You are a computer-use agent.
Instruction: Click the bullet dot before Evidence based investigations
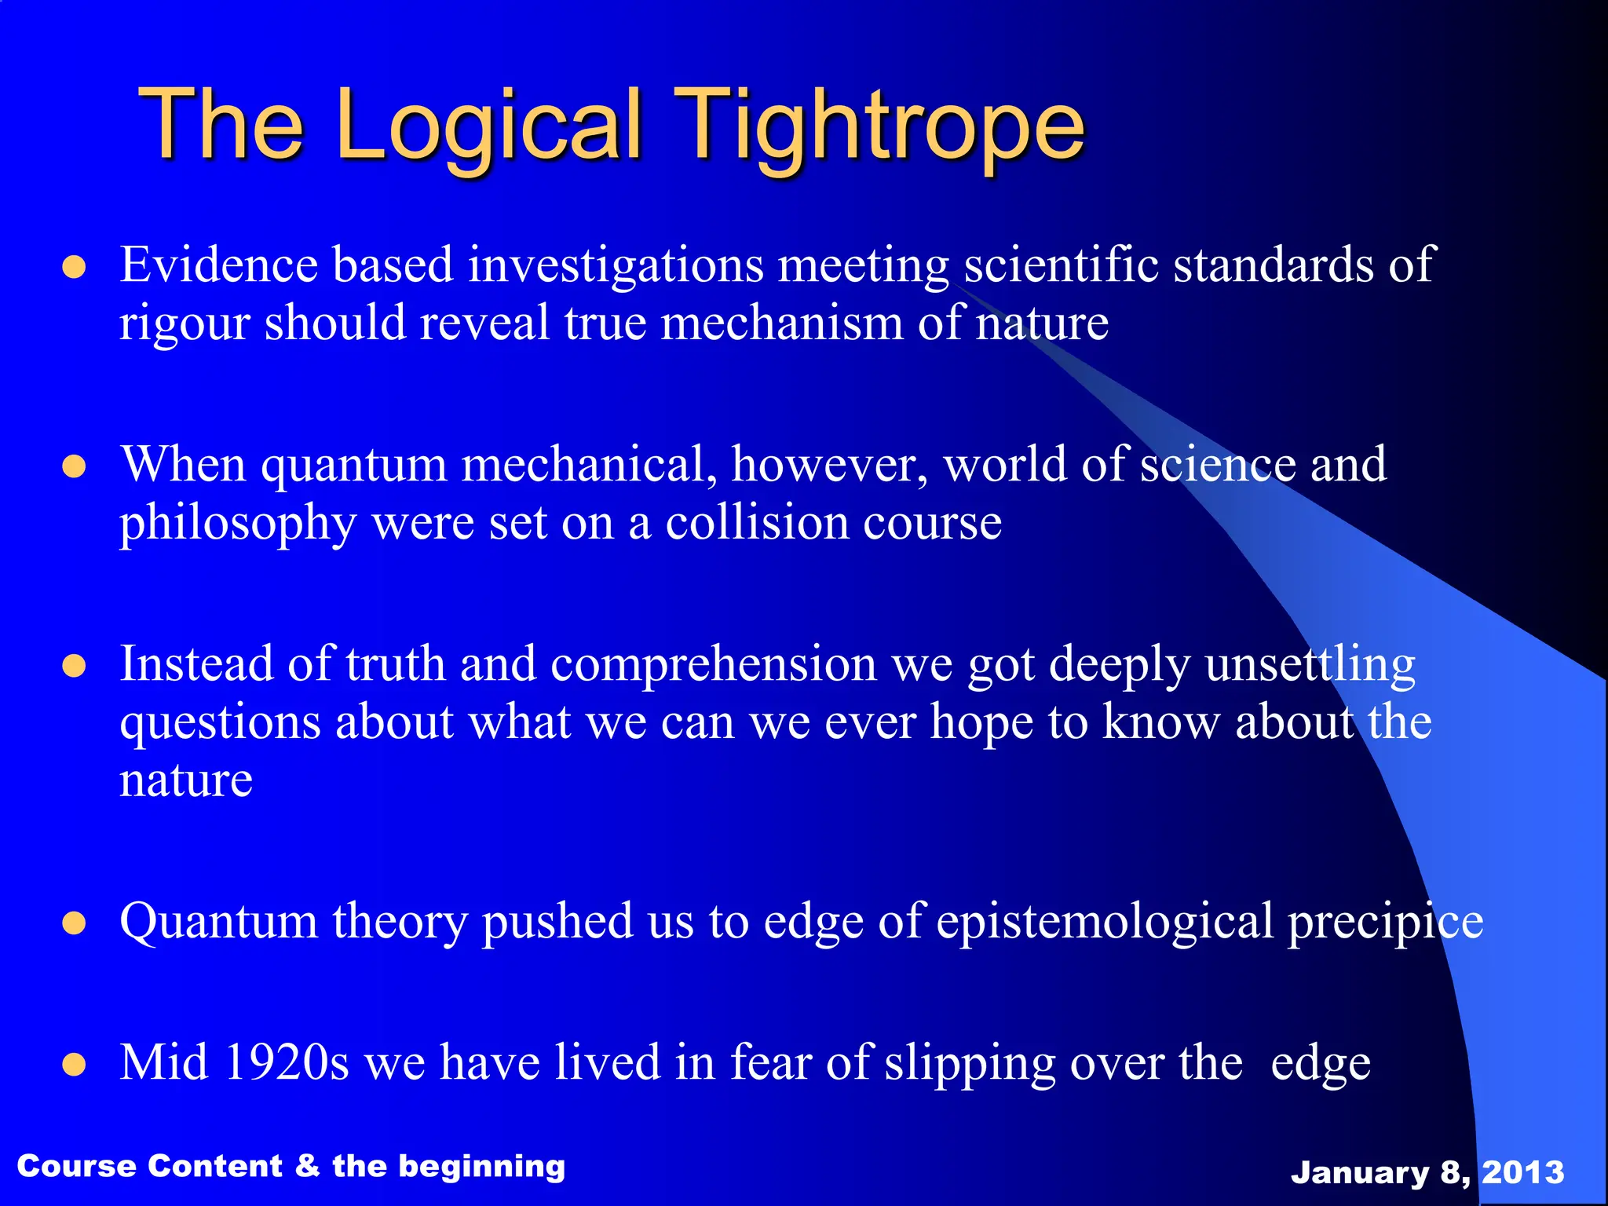coord(74,268)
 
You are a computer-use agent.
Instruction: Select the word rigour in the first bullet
coord(184,324)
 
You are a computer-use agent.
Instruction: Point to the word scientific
coord(1061,265)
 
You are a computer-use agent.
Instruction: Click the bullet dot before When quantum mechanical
coord(74,467)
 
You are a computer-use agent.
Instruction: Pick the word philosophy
coord(238,524)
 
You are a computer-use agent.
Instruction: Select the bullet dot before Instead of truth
coord(74,667)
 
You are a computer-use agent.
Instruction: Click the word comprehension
coord(713,664)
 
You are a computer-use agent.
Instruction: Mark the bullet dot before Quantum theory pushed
coord(74,923)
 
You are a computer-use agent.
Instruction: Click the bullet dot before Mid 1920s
coord(74,1065)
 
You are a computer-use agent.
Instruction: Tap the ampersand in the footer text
coord(307,1166)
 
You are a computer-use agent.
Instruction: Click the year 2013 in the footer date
coord(1522,1172)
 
